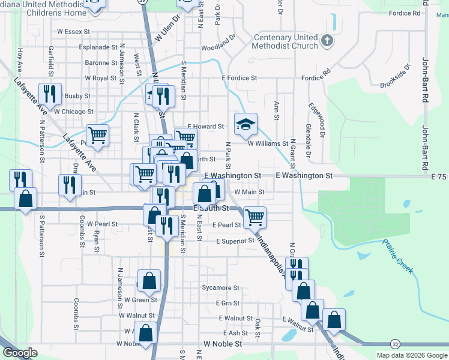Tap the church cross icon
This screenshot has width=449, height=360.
point(327,41)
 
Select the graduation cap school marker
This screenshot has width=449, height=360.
point(245,124)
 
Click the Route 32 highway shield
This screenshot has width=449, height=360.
point(394,344)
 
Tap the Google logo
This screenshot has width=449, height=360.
point(20,353)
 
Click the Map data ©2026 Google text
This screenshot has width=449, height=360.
point(411,355)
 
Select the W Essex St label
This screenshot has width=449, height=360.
point(73,31)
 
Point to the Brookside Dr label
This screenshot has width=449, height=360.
point(396,76)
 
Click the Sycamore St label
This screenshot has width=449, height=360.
point(221,288)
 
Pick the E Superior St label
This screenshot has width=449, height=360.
point(235,241)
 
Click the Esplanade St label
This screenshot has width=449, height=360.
point(98,47)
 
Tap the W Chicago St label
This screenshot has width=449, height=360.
point(73,112)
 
